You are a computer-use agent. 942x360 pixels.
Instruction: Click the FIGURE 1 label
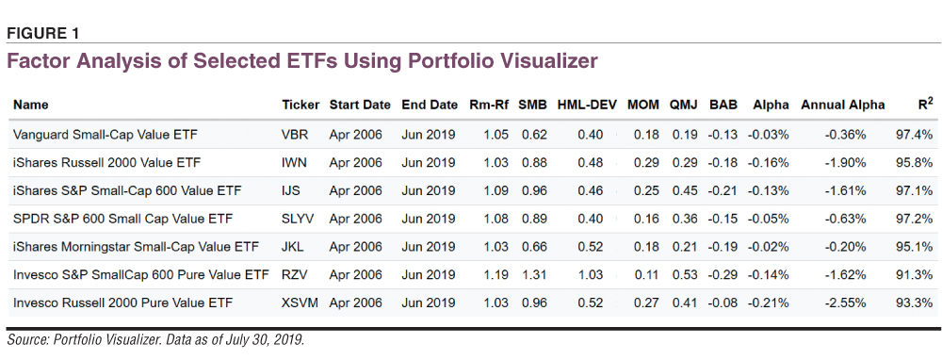pos(43,34)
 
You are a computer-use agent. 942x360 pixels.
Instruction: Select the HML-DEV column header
pos(588,105)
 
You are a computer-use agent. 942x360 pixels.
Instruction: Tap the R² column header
pos(926,104)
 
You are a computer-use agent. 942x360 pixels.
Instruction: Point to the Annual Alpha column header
pos(843,105)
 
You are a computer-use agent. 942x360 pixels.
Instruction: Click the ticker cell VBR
pos(295,135)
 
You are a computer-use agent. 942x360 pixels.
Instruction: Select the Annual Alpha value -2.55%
pos(845,303)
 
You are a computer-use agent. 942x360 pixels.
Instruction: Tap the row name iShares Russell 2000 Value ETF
pos(107,162)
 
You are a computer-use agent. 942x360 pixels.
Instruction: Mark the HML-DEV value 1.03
pos(590,274)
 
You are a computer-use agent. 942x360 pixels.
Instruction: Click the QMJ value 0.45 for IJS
pos(684,190)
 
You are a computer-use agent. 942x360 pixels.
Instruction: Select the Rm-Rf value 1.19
pos(495,274)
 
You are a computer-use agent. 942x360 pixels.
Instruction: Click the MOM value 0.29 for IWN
pos(646,162)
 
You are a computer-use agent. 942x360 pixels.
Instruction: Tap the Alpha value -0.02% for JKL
pos(768,246)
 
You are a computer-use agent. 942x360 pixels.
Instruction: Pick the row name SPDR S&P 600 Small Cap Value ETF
pos(114,219)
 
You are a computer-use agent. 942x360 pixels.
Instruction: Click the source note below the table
pos(156,340)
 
